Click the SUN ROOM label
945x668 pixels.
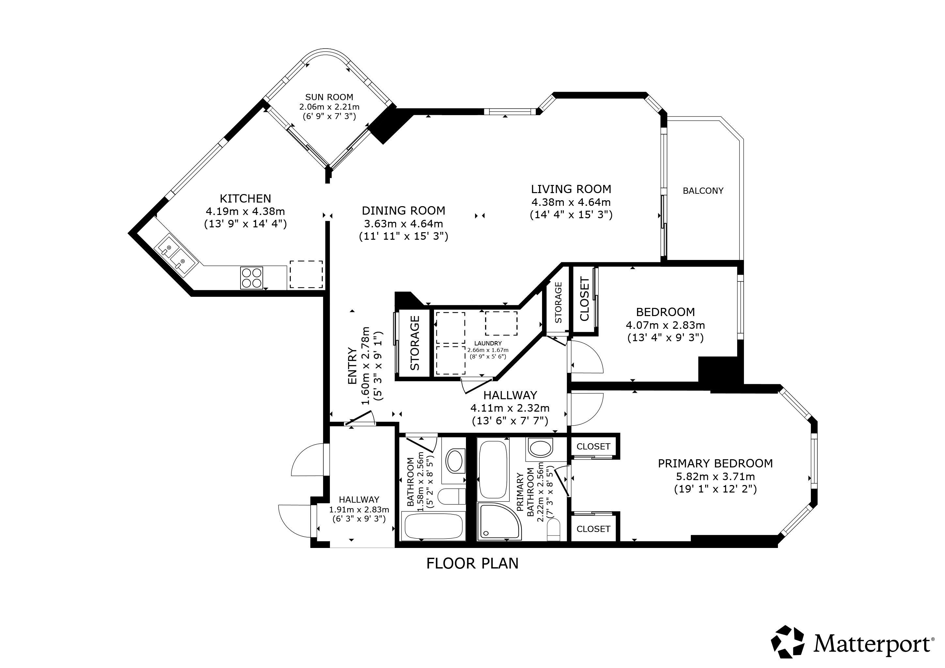point(329,97)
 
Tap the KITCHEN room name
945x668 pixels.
point(245,199)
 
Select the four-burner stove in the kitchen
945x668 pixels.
point(252,278)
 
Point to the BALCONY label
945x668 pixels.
point(703,191)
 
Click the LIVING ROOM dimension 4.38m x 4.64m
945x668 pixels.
point(571,202)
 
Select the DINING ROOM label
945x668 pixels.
point(403,211)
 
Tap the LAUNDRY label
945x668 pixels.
point(488,343)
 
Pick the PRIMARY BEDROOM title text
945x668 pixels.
point(715,463)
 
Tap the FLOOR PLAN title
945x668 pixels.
point(472,564)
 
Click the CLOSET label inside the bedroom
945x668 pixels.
point(584,299)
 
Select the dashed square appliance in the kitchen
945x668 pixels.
point(306,274)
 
